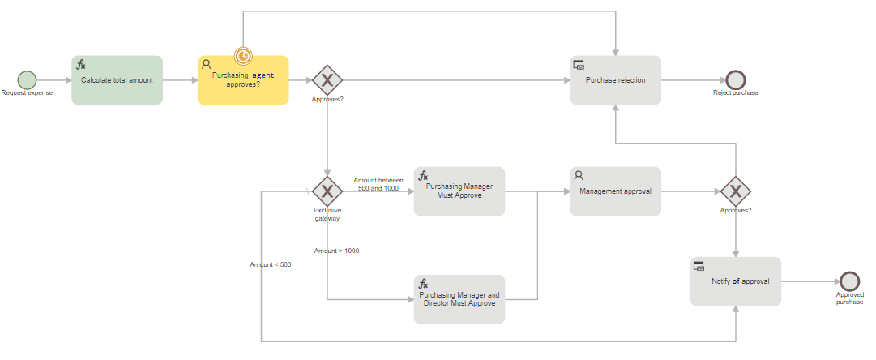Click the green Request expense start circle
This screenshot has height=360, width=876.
[27, 80]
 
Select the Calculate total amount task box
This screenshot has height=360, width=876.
[118, 80]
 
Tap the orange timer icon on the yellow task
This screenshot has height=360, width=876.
[244, 56]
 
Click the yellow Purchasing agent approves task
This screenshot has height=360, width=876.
[243, 80]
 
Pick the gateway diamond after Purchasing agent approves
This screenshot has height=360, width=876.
[327, 80]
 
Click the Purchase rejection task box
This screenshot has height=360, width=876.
[616, 80]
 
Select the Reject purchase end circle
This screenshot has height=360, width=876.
[736, 80]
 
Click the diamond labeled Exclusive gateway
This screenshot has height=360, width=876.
[327, 191]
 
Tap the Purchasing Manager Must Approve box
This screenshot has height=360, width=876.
[459, 191]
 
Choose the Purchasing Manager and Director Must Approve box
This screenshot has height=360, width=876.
[459, 299]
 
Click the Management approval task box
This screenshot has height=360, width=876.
[616, 191]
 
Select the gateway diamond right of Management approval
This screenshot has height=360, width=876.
[736, 191]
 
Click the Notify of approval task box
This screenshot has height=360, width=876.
[736, 281]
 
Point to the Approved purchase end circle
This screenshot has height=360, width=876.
[850, 281]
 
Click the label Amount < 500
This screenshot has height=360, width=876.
[271, 264]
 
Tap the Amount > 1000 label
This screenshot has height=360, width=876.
[336, 251]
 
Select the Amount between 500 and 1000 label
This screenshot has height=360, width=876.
[378, 184]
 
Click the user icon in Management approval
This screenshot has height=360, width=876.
[579, 175]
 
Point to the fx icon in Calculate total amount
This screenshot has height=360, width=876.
[81, 64]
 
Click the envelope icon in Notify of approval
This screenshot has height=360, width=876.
[699, 266]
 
